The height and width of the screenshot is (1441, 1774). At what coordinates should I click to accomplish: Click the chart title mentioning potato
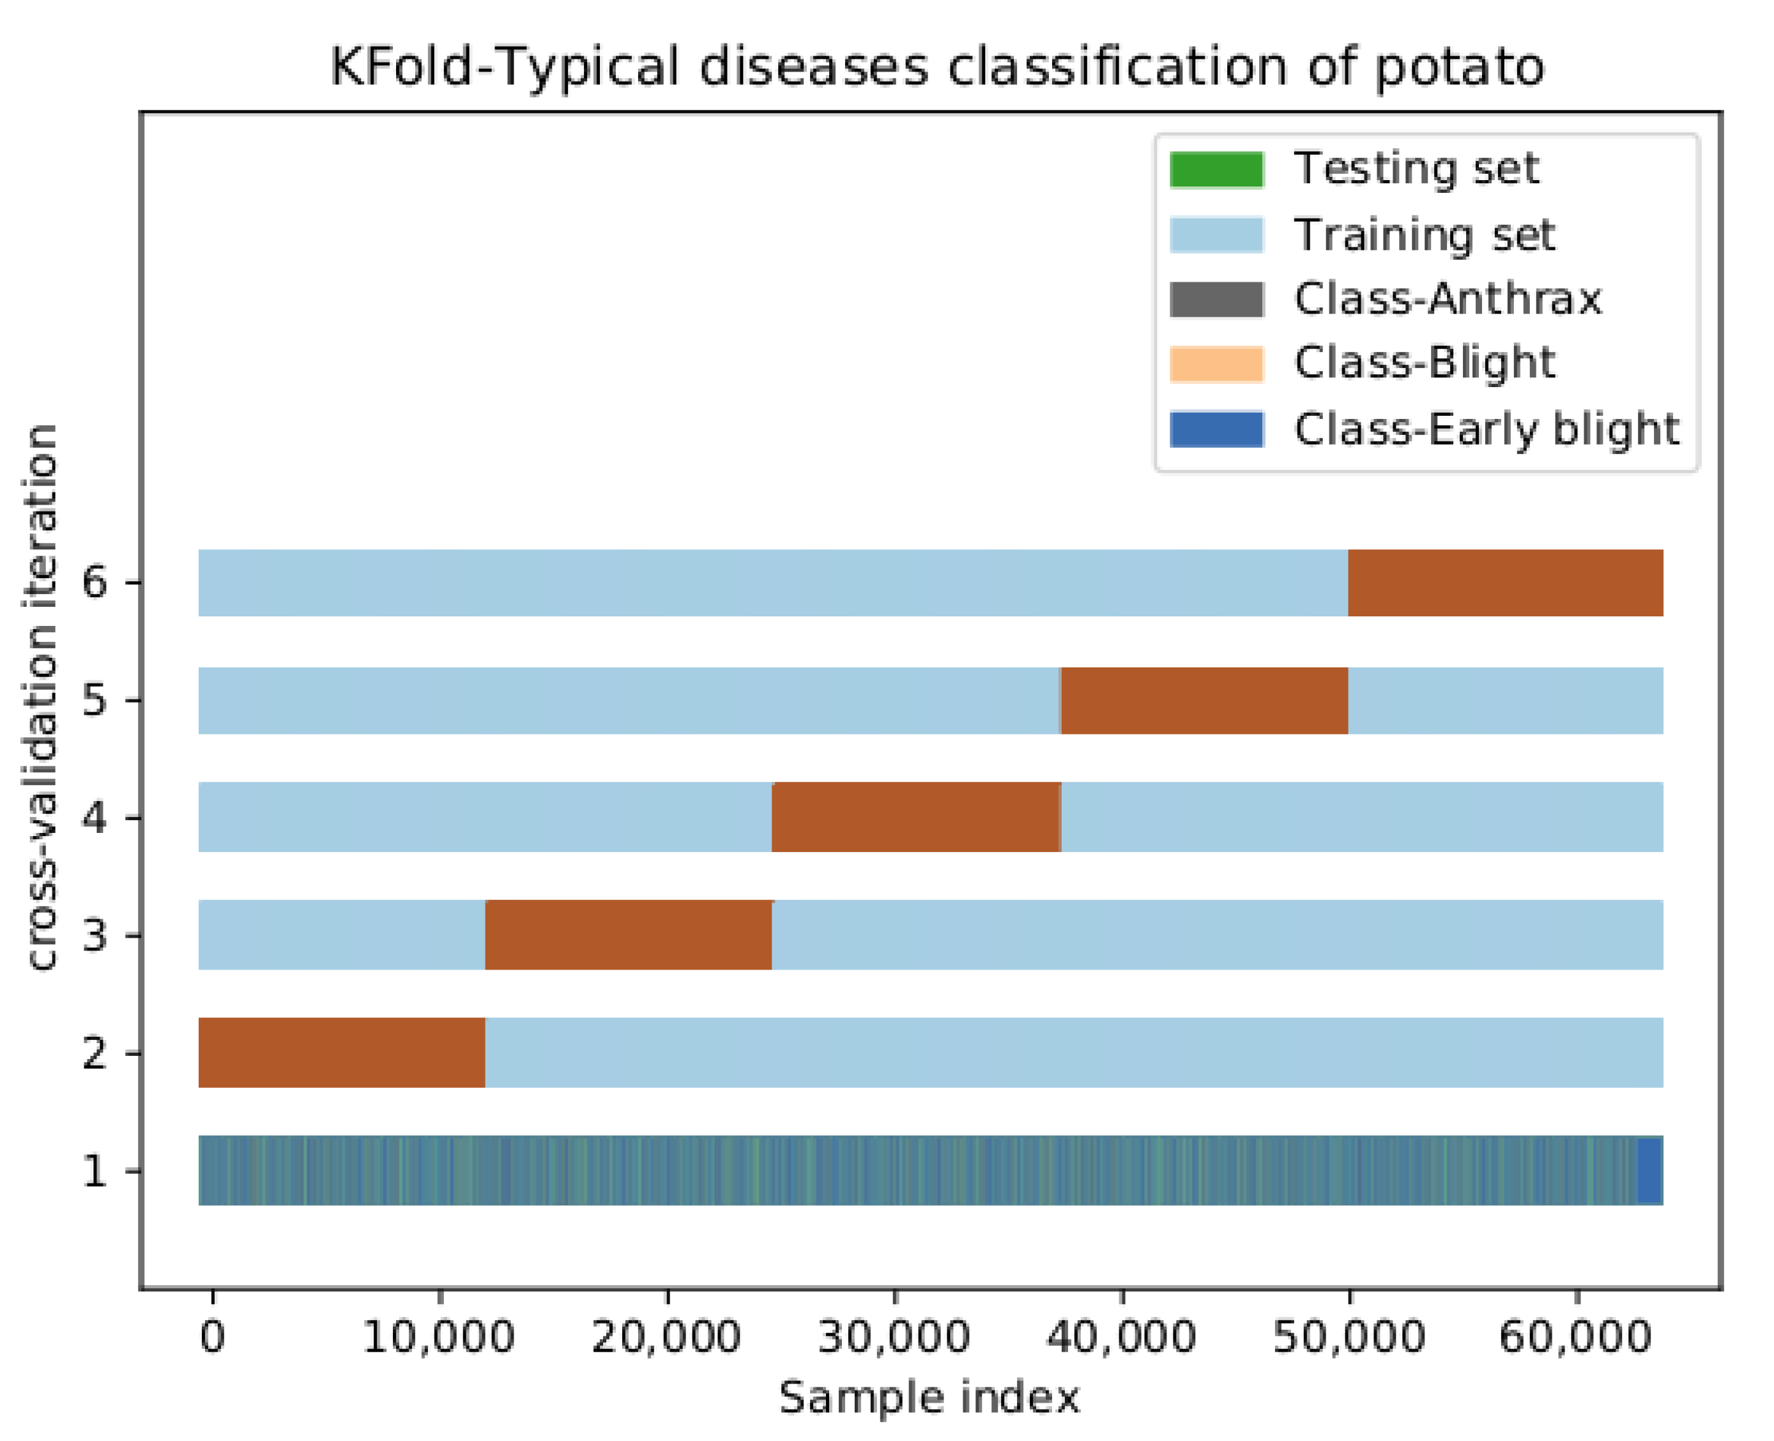(x=937, y=66)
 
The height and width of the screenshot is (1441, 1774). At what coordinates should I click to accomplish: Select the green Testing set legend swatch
(x=1216, y=169)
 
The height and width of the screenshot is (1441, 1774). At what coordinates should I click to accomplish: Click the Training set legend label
(x=1424, y=235)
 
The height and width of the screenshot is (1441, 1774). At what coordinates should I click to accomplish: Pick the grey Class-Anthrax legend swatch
(x=1216, y=300)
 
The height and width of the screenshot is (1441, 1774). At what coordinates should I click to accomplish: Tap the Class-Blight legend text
(x=1424, y=363)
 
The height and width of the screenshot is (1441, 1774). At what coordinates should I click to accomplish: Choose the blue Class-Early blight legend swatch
(x=1216, y=429)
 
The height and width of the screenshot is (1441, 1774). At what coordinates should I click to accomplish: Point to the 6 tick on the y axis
(x=94, y=582)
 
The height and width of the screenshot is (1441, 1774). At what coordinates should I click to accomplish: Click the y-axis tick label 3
(x=94, y=936)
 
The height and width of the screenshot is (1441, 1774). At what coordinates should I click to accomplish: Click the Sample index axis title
(x=929, y=1398)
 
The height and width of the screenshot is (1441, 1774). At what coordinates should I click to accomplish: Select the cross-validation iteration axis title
(x=42, y=698)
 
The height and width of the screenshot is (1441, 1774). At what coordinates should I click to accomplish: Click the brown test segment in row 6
(x=1504, y=583)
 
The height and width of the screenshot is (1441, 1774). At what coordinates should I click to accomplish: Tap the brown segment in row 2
(x=341, y=1053)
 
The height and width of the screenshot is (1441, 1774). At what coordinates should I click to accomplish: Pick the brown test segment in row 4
(x=915, y=817)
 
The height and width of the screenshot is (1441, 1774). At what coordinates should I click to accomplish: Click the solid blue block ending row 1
(x=1649, y=1170)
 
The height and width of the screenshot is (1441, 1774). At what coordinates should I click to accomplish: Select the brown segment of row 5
(x=1204, y=700)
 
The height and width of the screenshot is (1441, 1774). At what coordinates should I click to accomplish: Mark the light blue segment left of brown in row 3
(x=341, y=934)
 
